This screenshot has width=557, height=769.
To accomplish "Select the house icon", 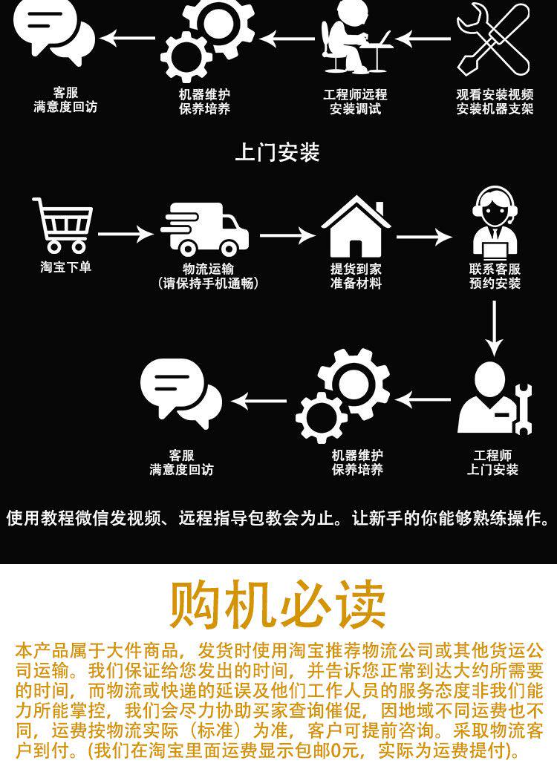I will [x=356, y=227].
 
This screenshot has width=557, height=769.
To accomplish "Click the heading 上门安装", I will [x=277, y=153].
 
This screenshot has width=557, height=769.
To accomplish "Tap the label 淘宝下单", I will [x=66, y=267].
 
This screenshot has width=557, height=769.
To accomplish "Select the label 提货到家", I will [x=356, y=269].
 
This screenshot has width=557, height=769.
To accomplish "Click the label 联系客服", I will [x=495, y=269].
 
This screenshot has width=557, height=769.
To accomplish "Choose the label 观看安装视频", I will [x=495, y=95].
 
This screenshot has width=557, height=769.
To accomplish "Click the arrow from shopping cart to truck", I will [x=125, y=235].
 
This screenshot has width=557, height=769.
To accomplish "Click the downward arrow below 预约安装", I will [x=495, y=327].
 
